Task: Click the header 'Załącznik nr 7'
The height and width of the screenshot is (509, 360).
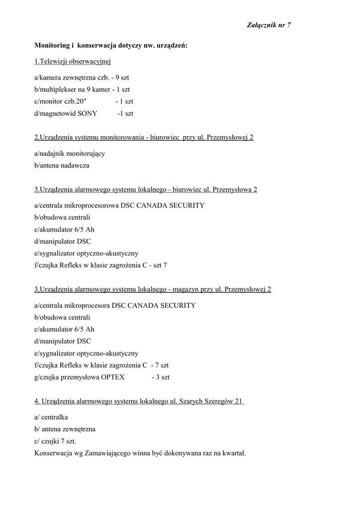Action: click(x=269, y=25)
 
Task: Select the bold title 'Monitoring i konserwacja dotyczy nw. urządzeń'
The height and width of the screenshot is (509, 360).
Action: click(x=110, y=45)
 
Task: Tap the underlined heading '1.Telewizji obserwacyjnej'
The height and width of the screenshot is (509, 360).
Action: click(x=72, y=61)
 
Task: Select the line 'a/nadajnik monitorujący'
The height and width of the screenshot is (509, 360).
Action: click(x=70, y=154)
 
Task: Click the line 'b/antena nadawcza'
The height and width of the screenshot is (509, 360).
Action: click(x=62, y=165)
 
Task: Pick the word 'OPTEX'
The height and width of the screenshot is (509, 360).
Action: click(x=113, y=377)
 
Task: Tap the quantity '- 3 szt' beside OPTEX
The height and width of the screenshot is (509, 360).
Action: click(x=160, y=377)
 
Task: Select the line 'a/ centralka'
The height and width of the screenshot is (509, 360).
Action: click(x=51, y=417)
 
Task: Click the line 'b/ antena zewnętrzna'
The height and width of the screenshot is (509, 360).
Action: click(x=65, y=428)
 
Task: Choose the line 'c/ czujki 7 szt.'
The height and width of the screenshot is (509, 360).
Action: click(x=55, y=441)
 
